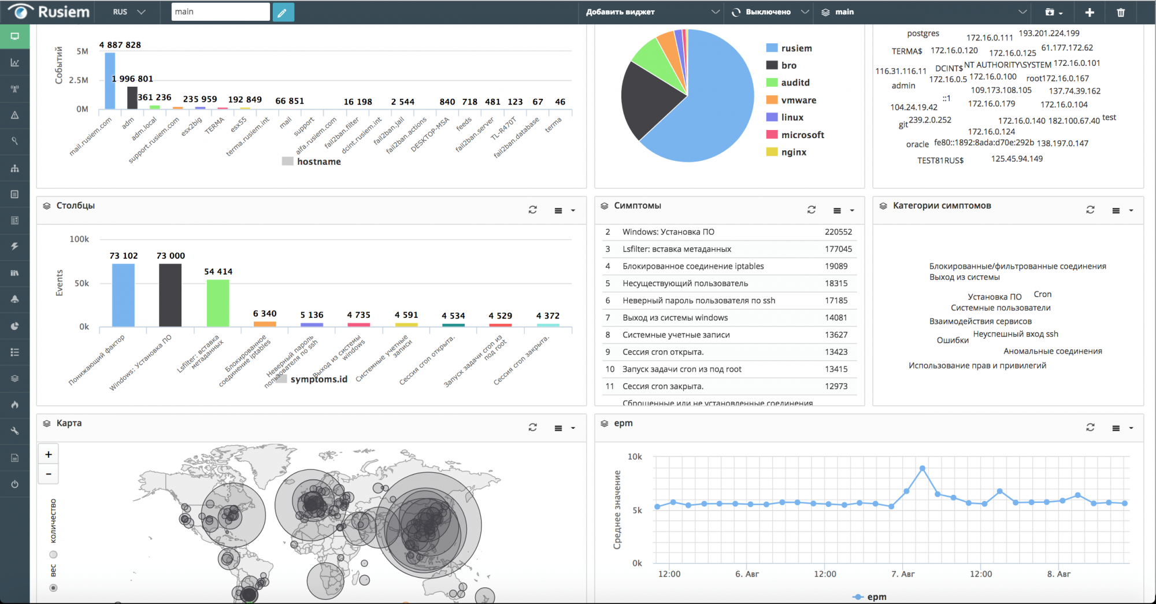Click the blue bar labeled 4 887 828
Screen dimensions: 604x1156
pyautogui.click(x=110, y=81)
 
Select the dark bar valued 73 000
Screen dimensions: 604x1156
pyautogui.click(x=170, y=295)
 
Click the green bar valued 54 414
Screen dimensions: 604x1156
pyautogui.click(x=218, y=303)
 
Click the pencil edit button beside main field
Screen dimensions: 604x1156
pyautogui.click(x=283, y=12)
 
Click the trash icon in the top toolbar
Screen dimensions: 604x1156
pyautogui.click(x=1121, y=12)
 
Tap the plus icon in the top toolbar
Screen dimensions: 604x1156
pyautogui.click(x=1090, y=12)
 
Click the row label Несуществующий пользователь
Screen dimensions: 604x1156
pyautogui.click(x=685, y=283)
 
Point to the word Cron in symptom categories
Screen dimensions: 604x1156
pyautogui.click(x=1043, y=294)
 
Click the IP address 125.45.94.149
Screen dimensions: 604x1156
pyautogui.click(x=1017, y=159)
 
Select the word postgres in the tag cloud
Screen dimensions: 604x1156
pyautogui.click(x=923, y=34)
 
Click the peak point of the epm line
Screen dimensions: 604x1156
pyautogui.click(x=922, y=468)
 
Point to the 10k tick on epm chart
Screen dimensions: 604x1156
pyautogui.click(x=635, y=457)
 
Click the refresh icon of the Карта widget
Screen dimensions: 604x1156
pyautogui.click(x=532, y=428)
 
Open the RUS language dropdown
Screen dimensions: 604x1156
pyautogui.click(x=129, y=12)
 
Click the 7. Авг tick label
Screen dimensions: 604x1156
pyautogui.click(x=903, y=574)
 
